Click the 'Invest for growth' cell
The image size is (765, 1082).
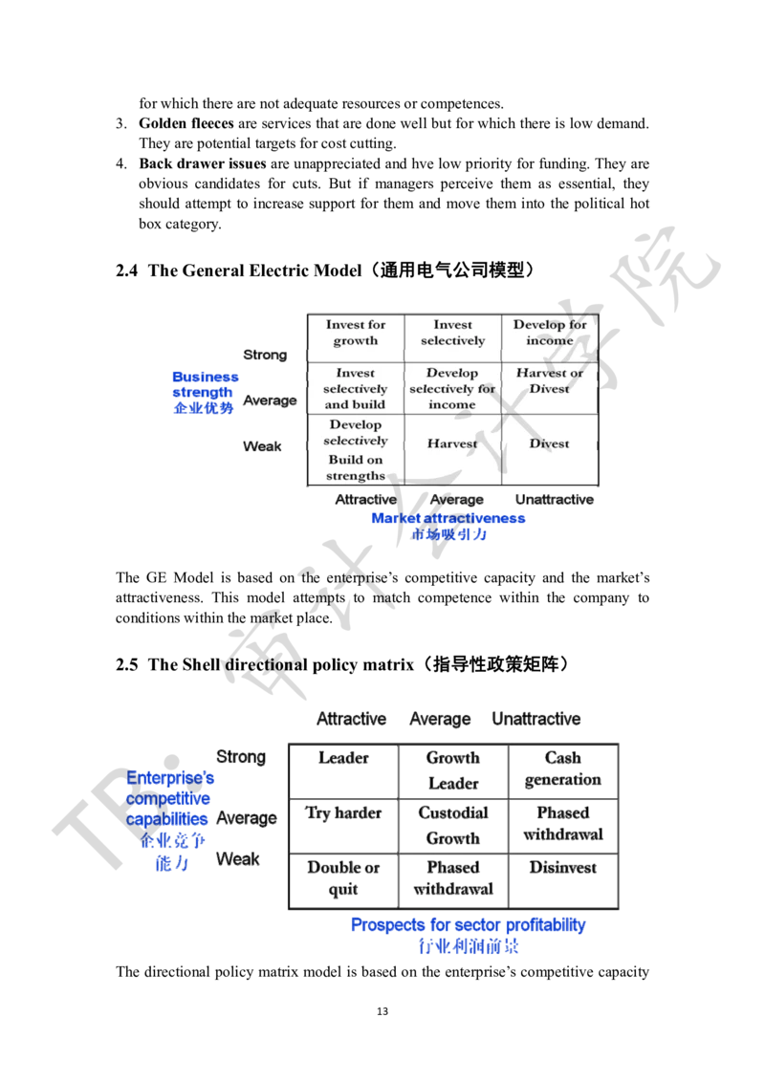pos(356,333)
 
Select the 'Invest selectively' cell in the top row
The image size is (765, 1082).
pos(452,333)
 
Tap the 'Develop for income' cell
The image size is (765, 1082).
pos(550,333)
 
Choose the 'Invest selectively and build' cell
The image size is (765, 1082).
pos(355,389)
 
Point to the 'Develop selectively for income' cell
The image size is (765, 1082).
pos(452,389)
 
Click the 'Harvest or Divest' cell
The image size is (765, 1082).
pos(550,380)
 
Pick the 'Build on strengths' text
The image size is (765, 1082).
pos(355,467)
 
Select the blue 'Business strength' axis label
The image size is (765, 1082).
pos(205,393)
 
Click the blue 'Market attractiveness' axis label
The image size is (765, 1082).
pos(448,518)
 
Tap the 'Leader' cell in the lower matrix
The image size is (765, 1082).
pos(342,758)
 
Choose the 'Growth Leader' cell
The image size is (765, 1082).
pos(454,768)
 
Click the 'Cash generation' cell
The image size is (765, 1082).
pos(562,768)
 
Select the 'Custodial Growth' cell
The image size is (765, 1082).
pos(454,824)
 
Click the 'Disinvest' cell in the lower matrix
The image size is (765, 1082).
pos(563,867)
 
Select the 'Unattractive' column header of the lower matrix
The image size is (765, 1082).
pos(535,718)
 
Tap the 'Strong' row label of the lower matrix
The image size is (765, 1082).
pos(240,757)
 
